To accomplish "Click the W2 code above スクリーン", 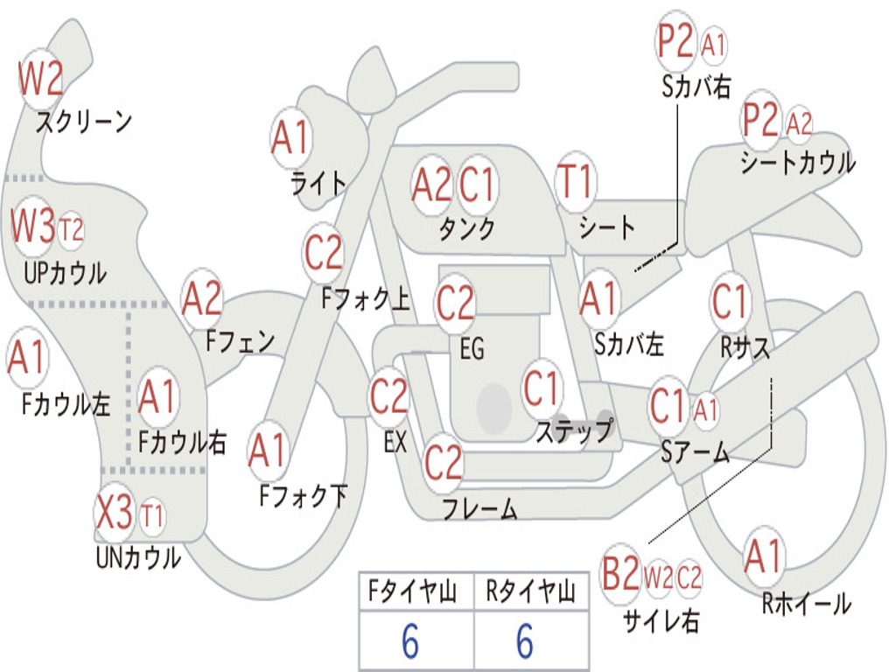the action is (40, 80).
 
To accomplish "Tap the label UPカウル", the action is (65, 272).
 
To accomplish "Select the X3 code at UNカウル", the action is (114, 513).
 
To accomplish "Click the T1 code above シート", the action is (575, 182).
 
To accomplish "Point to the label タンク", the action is (466, 228).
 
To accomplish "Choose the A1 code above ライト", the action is (291, 137).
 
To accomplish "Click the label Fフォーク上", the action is (365, 299).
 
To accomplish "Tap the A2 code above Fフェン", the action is (202, 298).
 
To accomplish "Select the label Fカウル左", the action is (66, 403).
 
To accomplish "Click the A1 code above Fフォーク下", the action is (268, 451).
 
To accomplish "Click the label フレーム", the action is (479, 508).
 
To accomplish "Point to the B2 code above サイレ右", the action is (620, 575).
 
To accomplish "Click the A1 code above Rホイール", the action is (764, 556).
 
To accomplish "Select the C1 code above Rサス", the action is (730, 303).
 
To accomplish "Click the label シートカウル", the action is (798, 163).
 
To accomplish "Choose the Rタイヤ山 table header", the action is (530, 593).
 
